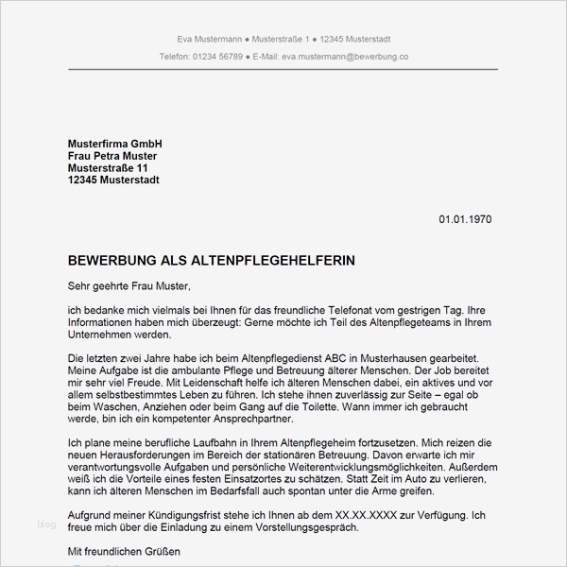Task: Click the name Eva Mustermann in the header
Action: (x=208, y=39)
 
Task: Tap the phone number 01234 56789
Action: (x=216, y=57)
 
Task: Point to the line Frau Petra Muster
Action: (x=112, y=155)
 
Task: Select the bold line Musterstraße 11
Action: (x=108, y=167)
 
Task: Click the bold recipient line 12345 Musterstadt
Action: (x=113, y=180)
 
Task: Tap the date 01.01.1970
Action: (x=465, y=219)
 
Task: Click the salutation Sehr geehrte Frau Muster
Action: (x=129, y=284)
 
